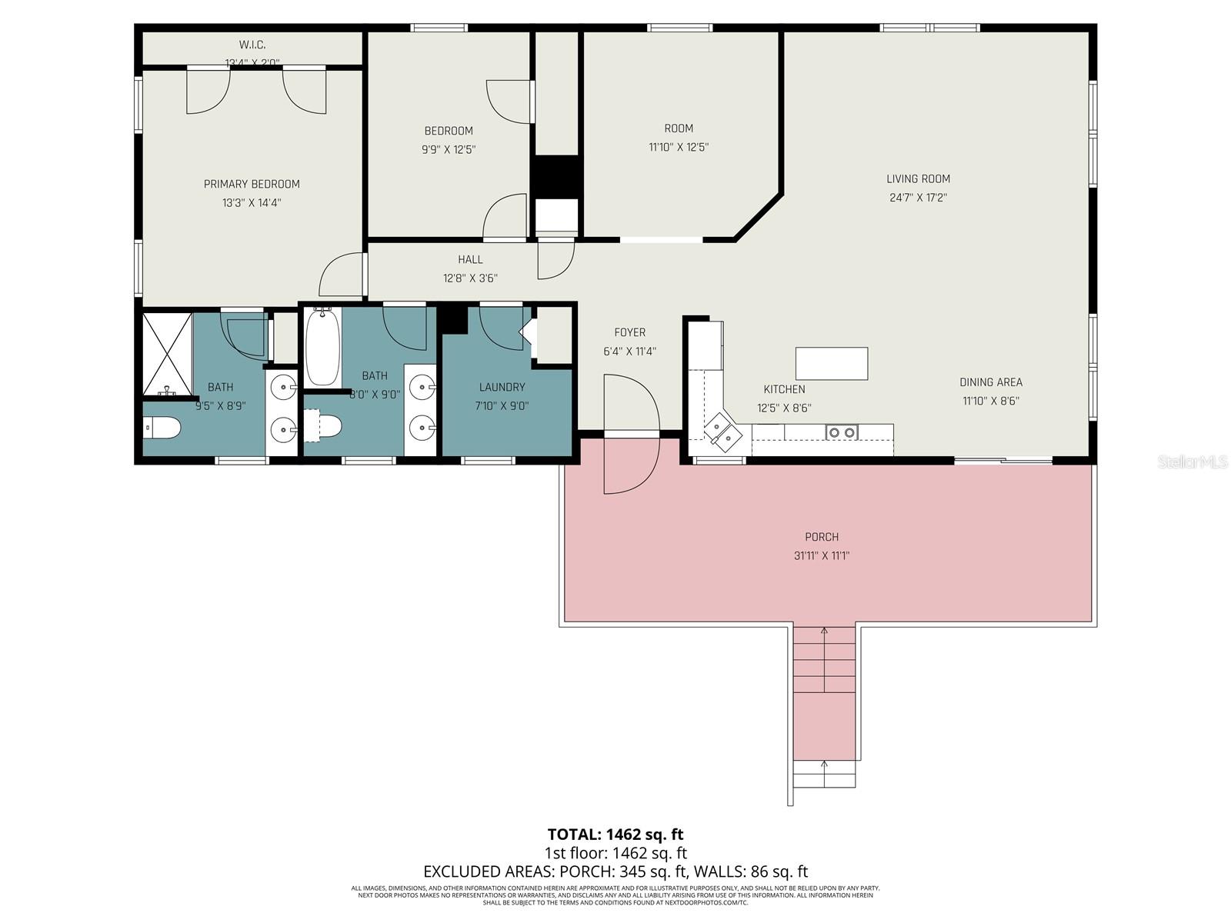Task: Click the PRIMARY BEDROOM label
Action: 252,184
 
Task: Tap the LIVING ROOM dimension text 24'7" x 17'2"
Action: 918,198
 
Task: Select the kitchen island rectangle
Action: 832,363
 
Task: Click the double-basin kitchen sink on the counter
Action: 841,432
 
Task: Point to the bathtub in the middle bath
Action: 323,348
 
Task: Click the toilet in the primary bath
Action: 162,427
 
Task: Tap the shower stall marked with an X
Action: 167,353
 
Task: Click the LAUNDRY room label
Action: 502,388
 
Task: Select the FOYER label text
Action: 629,332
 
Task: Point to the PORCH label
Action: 822,537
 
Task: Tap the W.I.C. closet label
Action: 252,45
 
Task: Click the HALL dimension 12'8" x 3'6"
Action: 470,278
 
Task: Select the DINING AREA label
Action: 990,382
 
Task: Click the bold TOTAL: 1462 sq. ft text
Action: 615,834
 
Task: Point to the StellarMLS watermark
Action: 1193,461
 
